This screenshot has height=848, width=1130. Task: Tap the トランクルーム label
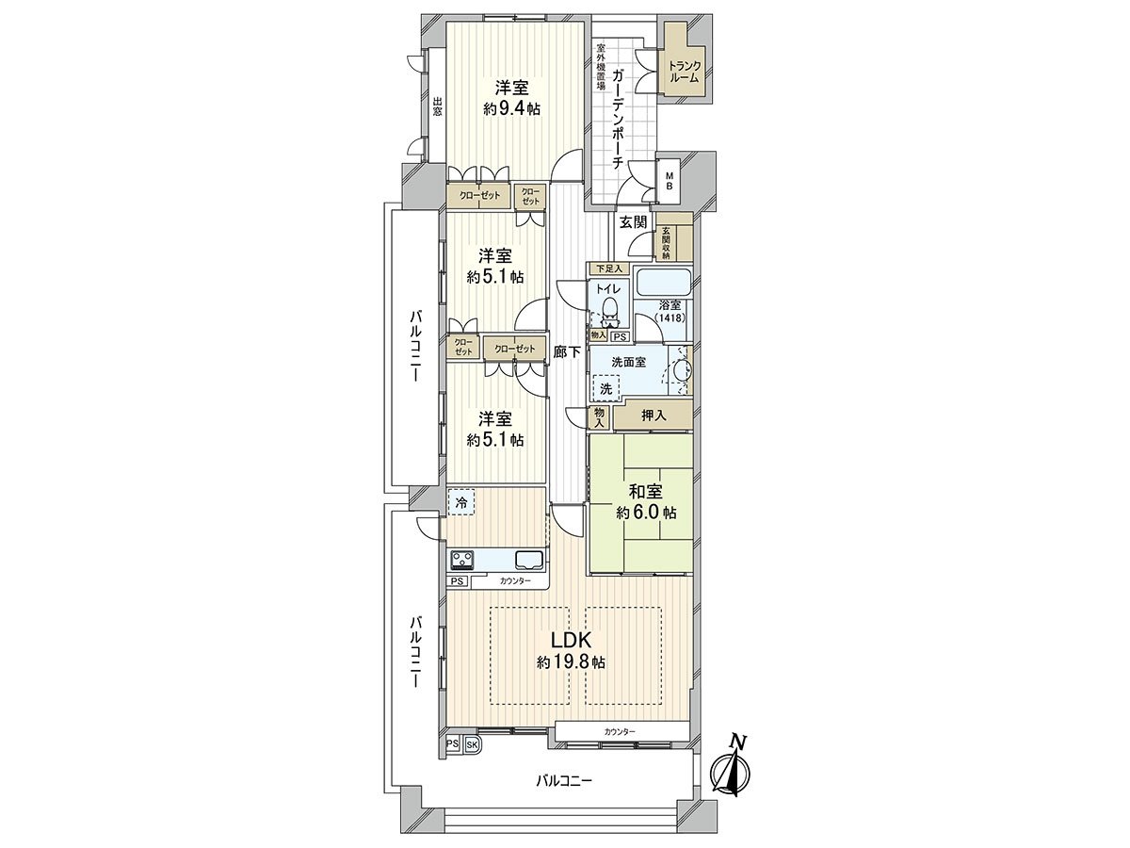click(x=684, y=73)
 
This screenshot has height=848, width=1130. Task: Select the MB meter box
click(x=670, y=181)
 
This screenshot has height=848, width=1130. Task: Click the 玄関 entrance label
click(x=633, y=222)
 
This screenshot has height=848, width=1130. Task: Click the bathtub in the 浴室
click(x=664, y=282)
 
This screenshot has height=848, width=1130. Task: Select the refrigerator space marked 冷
click(x=461, y=502)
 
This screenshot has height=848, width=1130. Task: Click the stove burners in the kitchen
click(x=462, y=561)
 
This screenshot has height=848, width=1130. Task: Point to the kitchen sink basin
click(x=528, y=560)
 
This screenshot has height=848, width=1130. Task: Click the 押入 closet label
click(x=654, y=414)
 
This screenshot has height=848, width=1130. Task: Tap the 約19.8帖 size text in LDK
click(x=572, y=662)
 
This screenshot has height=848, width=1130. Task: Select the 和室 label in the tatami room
click(x=646, y=492)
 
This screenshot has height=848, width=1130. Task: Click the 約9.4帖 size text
click(x=512, y=108)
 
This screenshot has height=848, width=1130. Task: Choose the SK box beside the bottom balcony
click(x=473, y=744)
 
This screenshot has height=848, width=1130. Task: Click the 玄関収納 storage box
click(x=666, y=242)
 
